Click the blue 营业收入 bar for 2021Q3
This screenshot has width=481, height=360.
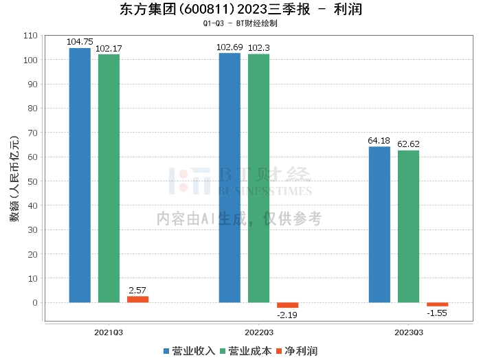tap(80, 175)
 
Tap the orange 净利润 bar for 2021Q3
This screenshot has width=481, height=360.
tap(137, 299)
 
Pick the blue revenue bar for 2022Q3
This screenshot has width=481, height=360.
tap(230, 177)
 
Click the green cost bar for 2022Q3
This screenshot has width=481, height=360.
tap(258, 178)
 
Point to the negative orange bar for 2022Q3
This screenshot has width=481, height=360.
tap(287, 305)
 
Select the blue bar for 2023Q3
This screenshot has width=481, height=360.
tap(379, 224)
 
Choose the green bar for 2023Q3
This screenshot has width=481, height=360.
tap(408, 226)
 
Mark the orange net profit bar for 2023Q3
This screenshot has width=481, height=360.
tap(437, 304)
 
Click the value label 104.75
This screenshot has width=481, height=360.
tap(79, 42)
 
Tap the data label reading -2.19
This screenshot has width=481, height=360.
tap(287, 315)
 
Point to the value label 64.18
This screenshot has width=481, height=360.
tap(379, 141)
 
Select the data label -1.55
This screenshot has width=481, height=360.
tap(437, 313)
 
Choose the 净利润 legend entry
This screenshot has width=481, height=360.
tap(297, 351)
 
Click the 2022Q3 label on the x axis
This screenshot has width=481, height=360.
tap(258, 332)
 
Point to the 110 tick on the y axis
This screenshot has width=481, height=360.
tap(30, 36)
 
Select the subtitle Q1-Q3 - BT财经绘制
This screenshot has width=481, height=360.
tap(240, 23)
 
